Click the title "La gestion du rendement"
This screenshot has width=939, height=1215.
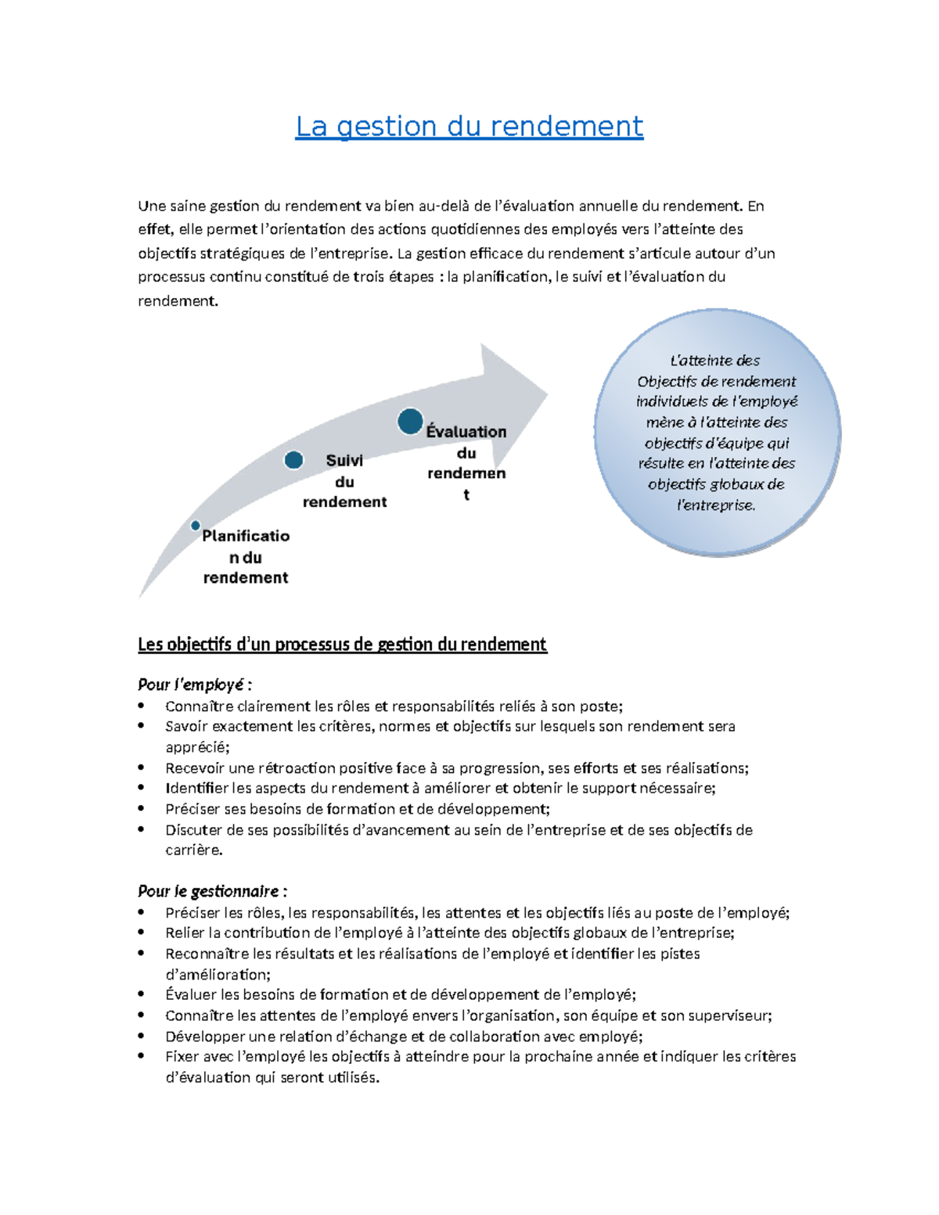(469, 126)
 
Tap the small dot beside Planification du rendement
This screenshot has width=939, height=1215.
(196, 526)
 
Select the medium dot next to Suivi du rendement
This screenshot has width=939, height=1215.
(293, 460)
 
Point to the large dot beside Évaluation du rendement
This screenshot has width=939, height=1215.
(410, 422)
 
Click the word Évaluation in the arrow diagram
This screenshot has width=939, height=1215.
(466, 432)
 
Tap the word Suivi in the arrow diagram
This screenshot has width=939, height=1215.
(344, 461)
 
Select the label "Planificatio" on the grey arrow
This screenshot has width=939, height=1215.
(246, 536)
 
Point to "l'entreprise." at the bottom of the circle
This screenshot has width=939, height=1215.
(716, 505)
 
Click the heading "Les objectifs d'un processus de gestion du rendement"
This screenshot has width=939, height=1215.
(342, 644)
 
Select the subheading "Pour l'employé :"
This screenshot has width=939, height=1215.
(195, 685)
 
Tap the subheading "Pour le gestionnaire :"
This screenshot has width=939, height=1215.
(213, 891)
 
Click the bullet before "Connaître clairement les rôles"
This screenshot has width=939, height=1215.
(142, 706)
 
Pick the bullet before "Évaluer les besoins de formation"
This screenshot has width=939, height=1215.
(142, 994)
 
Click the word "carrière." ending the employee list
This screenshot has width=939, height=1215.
(194, 850)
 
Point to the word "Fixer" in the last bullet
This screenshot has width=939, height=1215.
(182, 1056)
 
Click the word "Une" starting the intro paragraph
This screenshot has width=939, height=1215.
(152, 206)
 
